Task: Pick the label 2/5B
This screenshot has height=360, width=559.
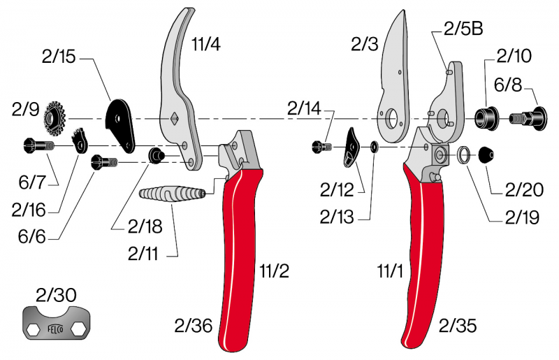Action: pos(463,29)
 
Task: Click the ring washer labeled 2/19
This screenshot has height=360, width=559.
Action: pos(464,154)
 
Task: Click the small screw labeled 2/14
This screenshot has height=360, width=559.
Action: pos(321,147)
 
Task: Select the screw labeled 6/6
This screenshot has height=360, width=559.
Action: pos(105,164)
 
